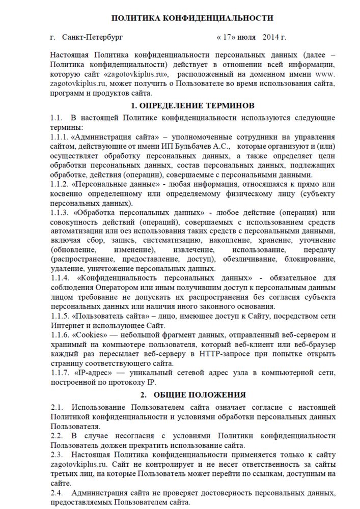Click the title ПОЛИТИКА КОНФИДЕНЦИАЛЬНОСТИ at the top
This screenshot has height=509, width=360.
coord(192,18)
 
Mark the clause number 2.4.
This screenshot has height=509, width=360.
coord(57,493)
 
